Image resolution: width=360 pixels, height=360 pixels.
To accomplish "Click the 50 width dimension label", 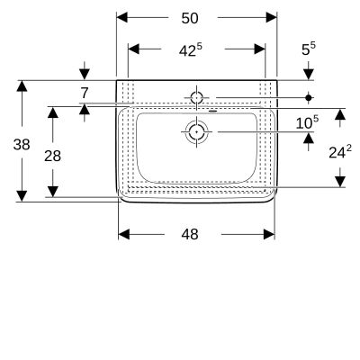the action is click(190, 18).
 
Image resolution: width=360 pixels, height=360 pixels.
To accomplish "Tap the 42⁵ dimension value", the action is click(191, 50).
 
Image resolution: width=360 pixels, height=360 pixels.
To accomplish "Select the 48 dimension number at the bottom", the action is click(190, 234).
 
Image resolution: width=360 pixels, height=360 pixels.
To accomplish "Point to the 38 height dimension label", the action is click(22, 145).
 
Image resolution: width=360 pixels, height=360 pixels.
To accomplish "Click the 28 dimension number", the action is click(52, 156).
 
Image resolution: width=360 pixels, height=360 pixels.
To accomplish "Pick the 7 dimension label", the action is click(85, 93).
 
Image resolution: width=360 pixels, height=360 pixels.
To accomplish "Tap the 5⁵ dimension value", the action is click(309, 49).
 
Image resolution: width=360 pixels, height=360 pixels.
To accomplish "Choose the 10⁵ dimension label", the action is click(307, 122).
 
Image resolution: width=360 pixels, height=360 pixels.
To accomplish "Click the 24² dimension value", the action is click(340, 152).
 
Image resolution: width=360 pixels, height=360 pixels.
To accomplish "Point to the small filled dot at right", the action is click(309, 97).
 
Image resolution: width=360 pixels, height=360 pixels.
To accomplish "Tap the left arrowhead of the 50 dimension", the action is click(122, 18).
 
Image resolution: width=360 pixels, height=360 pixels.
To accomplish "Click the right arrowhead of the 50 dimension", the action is click(271, 18).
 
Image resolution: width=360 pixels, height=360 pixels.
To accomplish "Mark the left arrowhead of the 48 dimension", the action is click(124, 234).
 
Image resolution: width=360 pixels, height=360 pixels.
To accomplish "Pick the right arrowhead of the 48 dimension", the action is click(269, 234).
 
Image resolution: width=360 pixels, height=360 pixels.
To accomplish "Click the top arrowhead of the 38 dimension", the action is click(22, 86).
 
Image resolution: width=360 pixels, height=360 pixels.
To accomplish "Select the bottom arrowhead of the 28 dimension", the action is click(53, 192).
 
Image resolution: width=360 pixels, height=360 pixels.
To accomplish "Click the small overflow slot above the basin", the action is click(212, 111).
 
